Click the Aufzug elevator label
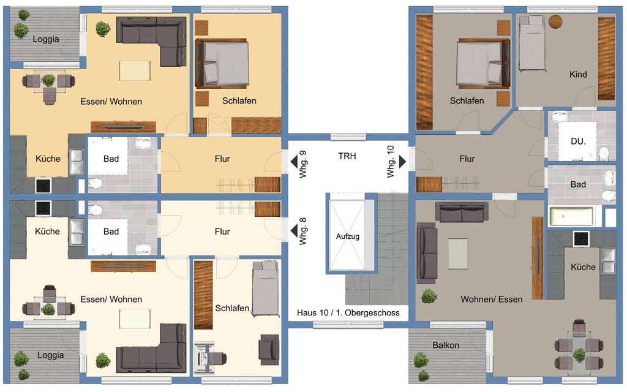pos(348,236)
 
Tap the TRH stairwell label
pos(347,156)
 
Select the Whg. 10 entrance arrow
pos(402,162)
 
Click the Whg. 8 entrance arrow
pos(294,231)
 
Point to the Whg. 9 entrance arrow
pos(294,162)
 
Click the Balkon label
pos(446,345)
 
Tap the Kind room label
pos(578,74)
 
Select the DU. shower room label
pos(578,141)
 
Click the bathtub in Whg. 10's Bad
pos(571,216)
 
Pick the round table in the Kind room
pos(555,21)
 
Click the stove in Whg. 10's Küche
pos(581,239)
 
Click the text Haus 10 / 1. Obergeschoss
pos(348,313)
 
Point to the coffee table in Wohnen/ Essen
pos(458,254)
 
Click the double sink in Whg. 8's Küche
pos(77,232)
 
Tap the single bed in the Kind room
pos(532,44)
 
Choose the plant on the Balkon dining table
pos(579,355)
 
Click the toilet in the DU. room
pos(604,154)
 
